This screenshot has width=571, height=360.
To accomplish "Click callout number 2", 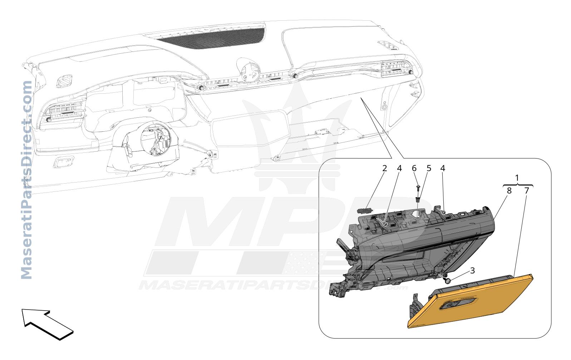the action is pyautogui.click(x=385, y=169).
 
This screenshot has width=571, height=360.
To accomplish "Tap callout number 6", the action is pyautogui.click(x=414, y=169).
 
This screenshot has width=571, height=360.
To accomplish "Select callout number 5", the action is pyautogui.click(x=429, y=169).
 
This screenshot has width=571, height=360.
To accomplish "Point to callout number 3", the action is pyautogui.click(x=472, y=271).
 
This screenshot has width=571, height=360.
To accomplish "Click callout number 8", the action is pyautogui.click(x=509, y=191).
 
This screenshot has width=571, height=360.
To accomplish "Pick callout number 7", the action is pyautogui.click(x=527, y=191).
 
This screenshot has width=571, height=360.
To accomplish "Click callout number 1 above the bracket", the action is pyautogui.click(x=517, y=178).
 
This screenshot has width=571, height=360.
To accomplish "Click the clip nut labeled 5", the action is pyautogui.click(x=418, y=199).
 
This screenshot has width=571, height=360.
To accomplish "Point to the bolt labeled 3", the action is pyautogui.click(x=447, y=281).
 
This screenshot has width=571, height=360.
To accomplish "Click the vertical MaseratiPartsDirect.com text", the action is pyautogui.click(x=26, y=180).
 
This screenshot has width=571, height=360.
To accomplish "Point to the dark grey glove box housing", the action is pyautogui.click(x=413, y=249).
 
